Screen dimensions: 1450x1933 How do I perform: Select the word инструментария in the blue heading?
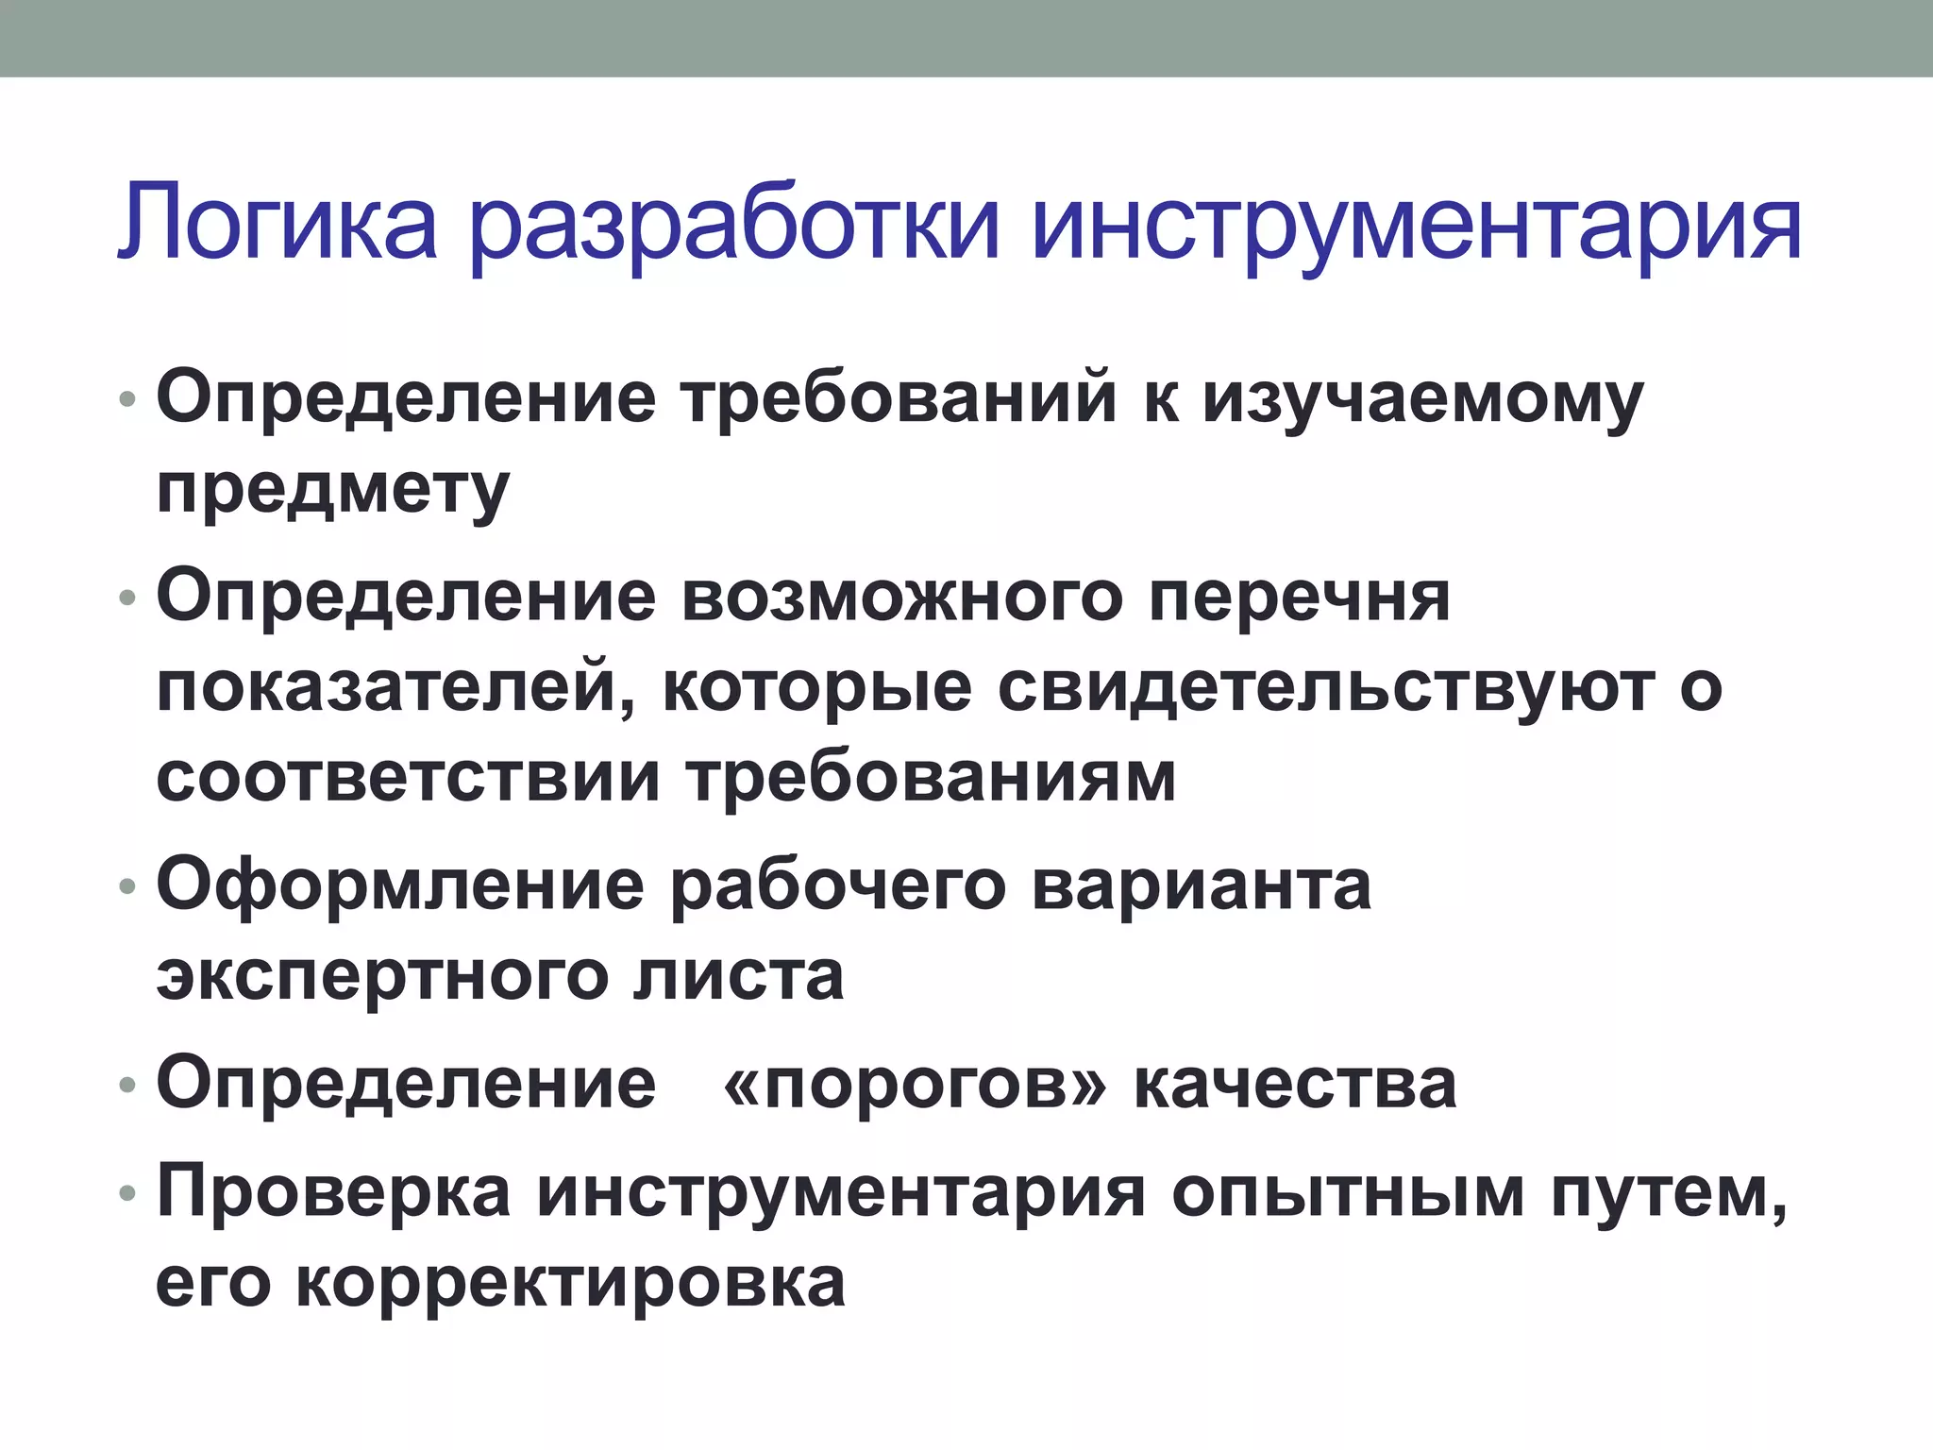(x=1417, y=227)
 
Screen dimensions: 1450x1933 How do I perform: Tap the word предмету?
(x=333, y=490)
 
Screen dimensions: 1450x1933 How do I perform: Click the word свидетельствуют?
(x=1326, y=688)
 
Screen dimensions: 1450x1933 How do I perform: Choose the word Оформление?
(x=400, y=886)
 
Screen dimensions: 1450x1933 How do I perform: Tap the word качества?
(x=1295, y=1085)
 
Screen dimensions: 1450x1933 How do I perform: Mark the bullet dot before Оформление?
(x=128, y=887)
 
